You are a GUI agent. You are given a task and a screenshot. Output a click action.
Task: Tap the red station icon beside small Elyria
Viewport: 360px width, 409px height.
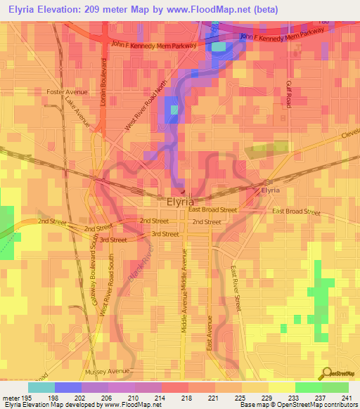click(x=257, y=190)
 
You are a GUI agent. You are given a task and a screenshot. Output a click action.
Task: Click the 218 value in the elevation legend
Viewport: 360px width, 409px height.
click(x=187, y=397)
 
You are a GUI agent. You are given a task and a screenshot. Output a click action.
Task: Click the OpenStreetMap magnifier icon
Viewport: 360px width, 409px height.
click(x=326, y=374)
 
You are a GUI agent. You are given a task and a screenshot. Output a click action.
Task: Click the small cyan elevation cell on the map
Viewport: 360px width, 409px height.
click(x=220, y=46)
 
